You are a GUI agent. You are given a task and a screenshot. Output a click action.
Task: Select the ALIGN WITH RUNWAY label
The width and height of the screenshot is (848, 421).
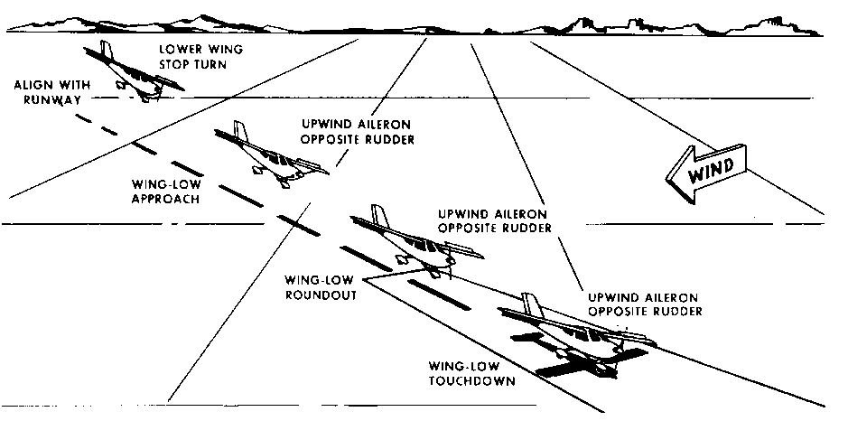[46, 94]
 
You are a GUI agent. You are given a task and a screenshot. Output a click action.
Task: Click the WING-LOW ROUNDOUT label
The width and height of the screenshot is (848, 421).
[320, 286]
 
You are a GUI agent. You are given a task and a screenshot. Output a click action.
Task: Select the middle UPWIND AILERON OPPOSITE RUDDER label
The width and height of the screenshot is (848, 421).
[495, 220]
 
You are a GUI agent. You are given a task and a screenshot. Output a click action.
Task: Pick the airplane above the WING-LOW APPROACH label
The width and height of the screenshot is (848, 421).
[266, 154]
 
